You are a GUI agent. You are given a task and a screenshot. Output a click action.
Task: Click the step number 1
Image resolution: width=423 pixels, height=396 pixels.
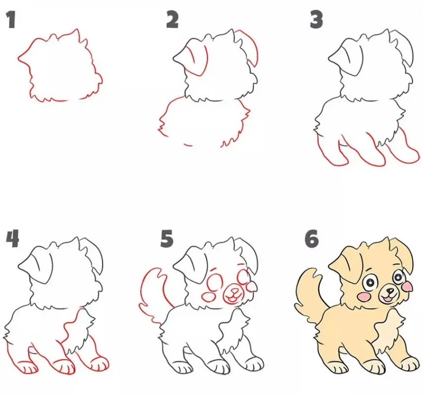[x=11, y=19]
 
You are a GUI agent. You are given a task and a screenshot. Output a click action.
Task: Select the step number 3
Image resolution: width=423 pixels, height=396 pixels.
[x=316, y=20]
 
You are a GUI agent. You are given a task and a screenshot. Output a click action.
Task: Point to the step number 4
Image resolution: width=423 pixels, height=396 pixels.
[x=12, y=239]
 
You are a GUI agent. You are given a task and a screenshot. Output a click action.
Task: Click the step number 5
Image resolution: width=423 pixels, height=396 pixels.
[x=167, y=239]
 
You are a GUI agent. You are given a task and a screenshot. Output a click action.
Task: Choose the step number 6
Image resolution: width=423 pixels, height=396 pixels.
[x=312, y=239]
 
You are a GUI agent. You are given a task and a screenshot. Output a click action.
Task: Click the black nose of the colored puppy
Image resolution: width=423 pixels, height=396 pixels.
[x=389, y=291]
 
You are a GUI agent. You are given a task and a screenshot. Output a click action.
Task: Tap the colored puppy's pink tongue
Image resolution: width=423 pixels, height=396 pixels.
[x=387, y=299]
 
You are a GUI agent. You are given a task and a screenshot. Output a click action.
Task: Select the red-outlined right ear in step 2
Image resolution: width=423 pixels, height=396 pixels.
[x=249, y=47]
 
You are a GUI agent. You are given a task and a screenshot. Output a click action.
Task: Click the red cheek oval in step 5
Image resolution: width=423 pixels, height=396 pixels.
[x=209, y=297]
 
